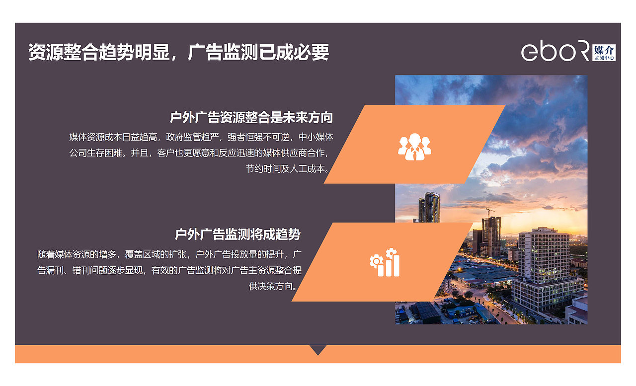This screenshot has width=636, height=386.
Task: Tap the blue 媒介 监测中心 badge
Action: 604,52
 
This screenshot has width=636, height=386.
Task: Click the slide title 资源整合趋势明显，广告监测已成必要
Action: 178,52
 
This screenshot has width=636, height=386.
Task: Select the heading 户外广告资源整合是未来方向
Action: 251,118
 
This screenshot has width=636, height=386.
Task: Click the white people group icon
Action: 414,147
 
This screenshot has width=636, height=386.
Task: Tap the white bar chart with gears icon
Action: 385,263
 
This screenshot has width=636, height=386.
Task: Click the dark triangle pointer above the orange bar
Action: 318,350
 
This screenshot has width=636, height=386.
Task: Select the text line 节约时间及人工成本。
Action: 288,168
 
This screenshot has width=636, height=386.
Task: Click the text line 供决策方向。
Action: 275,287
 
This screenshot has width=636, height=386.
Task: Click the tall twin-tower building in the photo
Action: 429,207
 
